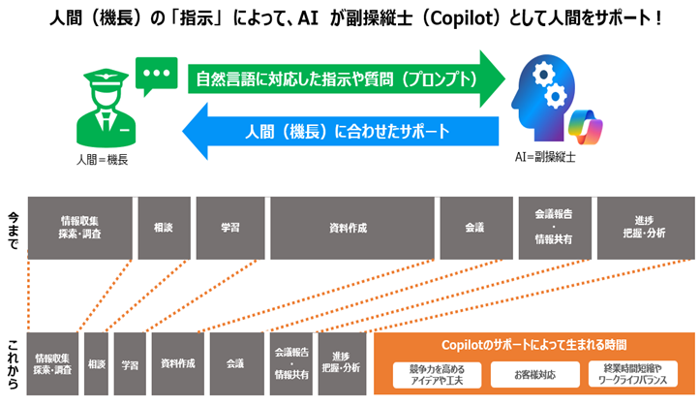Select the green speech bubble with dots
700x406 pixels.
click(x=153, y=77)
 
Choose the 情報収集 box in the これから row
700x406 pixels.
click(x=53, y=363)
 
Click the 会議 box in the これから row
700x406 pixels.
click(x=234, y=363)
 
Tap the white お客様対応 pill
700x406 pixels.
click(x=532, y=372)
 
